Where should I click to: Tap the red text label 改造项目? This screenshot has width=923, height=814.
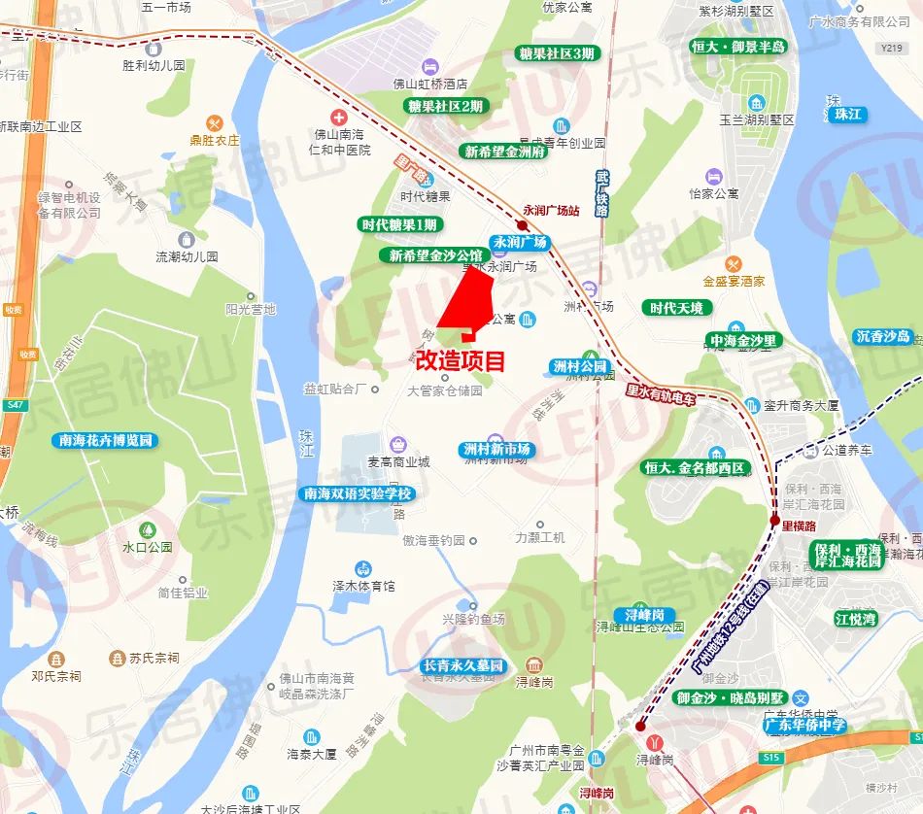pos(461,360)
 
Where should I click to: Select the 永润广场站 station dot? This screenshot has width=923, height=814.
pos(523,224)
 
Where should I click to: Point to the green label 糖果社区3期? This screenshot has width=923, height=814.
pos(556,53)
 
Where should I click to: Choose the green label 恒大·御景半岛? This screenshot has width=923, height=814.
pos(738,47)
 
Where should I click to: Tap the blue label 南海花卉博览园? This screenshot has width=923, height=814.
pos(106,440)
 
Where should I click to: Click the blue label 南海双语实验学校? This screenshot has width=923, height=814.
pos(359,493)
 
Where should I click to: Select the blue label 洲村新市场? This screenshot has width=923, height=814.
pos(496,450)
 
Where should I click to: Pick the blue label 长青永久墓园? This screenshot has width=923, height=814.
pos(463,666)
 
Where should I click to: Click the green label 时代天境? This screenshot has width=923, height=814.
pos(678,308)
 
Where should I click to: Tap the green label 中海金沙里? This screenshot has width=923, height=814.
pos(743,341)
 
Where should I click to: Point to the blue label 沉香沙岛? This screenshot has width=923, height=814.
pos(883,337)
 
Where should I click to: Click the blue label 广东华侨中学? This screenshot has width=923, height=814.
pos(804,725)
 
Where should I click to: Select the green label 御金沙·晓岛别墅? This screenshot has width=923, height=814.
pos(730,698)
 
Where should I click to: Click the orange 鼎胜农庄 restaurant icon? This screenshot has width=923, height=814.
pos(215,122)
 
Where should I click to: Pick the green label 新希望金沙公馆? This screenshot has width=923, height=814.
pos(428,255)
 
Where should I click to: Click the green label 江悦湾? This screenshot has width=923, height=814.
pos(855,619)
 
